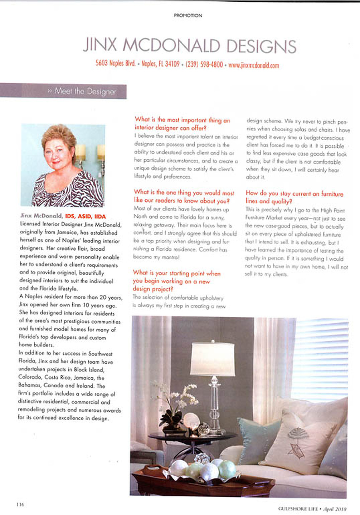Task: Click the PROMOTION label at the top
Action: [188, 15]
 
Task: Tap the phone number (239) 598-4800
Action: [204, 65]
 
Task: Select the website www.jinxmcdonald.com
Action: [253, 65]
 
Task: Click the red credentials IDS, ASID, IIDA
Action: [86, 216]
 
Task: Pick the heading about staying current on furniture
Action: [294, 197]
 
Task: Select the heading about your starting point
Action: [176, 281]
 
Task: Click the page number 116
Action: [20, 505]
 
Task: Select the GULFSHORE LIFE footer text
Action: [298, 509]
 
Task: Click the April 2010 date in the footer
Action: [335, 509]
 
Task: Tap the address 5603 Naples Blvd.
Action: [116, 63]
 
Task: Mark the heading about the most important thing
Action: [182, 124]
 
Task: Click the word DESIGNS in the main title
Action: [261, 46]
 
